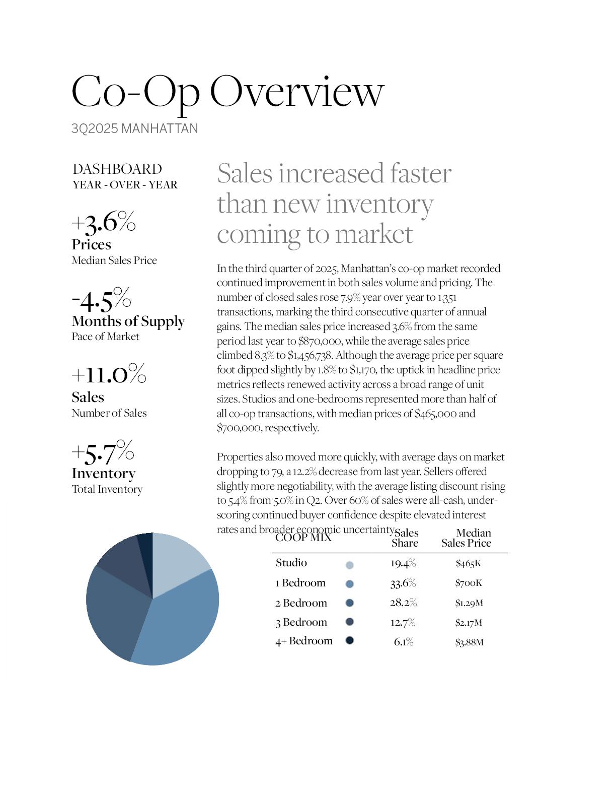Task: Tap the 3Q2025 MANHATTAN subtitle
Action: point(134,129)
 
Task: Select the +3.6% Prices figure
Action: point(104,222)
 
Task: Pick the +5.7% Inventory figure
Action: point(103,452)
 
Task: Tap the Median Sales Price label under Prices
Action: point(114,260)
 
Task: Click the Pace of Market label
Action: point(105,337)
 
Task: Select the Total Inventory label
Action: point(107,489)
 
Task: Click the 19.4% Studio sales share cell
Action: point(403,563)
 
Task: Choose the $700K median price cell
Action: point(469,583)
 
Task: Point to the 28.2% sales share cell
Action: point(403,603)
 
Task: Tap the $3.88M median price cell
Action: point(469,642)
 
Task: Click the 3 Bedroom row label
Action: point(301,622)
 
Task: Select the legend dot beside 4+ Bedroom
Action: point(349,640)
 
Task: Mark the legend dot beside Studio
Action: point(350,565)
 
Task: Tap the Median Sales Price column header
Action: point(467,538)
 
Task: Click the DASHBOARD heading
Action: point(117,169)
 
